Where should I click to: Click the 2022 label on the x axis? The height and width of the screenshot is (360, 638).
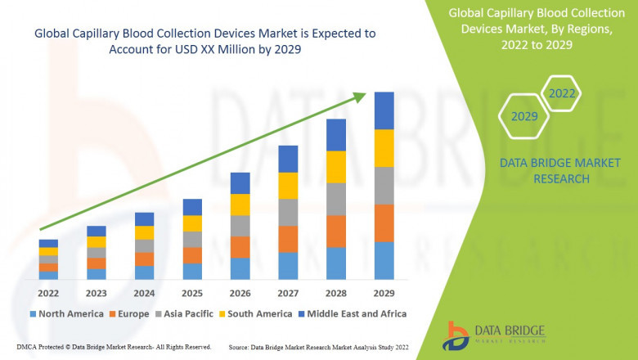click(x=48, y=293)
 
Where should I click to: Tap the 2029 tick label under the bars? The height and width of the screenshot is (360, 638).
click(x=384, y=293)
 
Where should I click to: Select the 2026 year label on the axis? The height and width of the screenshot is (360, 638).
click(x=240, y=293)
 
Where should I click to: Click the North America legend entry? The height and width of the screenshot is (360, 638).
click(x=67, y=313)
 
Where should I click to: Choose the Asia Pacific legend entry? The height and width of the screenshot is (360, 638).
click(x=186, y=313)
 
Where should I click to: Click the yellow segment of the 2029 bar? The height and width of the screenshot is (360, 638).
click(x=384, y=148)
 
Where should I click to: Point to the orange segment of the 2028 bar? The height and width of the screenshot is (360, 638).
click(x=336, y=232)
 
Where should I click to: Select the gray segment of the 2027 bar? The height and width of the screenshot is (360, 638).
click(x=288, y=212)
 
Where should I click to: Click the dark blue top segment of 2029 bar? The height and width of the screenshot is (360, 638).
click(x=384, y=110)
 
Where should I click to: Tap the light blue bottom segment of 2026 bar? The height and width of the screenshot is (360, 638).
click(x=240, y=269)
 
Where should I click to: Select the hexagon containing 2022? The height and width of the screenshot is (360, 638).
click(x=562, y=93)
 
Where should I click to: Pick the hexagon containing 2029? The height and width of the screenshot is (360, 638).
click(x=523, y=117)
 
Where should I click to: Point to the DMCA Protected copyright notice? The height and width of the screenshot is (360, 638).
click(x=107, y=347)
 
